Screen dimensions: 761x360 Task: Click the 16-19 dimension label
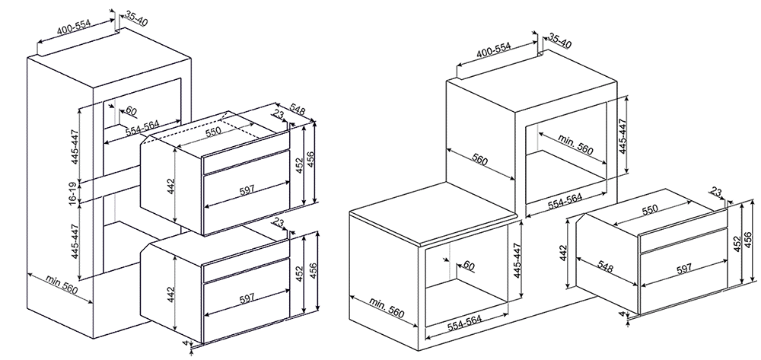click(71, 192)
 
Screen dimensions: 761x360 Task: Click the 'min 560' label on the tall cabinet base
click(62, 285)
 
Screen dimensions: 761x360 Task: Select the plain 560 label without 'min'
click(479, 158)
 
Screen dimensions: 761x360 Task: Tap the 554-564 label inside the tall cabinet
click(143, 128)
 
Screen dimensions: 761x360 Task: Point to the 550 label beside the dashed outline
click(212, 130)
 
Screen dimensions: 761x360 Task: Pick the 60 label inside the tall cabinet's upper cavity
click(131, 110)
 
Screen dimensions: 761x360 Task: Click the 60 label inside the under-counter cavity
click(468, 265)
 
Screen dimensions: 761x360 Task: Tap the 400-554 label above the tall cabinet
click(74, 29)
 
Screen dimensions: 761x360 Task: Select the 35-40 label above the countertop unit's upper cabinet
click(560, 41)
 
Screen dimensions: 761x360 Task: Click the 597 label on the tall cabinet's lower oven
click(247, 299)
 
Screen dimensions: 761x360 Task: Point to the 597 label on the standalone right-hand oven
click(683, 269)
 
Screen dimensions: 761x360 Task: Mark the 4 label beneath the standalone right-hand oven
click(622, 314)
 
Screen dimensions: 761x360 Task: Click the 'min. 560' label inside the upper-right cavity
click(575, 144)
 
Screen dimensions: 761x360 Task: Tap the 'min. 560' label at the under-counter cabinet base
click(387, 307)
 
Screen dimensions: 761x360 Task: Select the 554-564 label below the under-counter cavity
click(464, 323)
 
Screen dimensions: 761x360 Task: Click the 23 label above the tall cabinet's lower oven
click(279, 223)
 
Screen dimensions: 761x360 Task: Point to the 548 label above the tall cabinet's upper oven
click(297, 110)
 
